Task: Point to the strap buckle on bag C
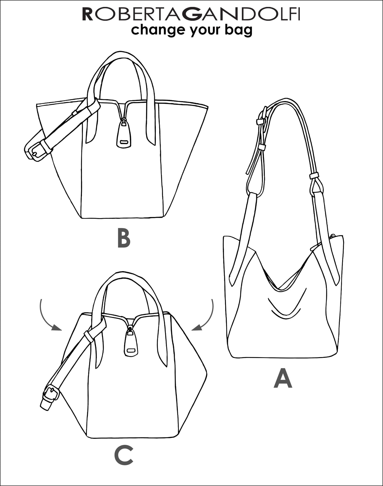[x=51, y=394]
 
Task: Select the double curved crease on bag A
[x=285, y=308]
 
